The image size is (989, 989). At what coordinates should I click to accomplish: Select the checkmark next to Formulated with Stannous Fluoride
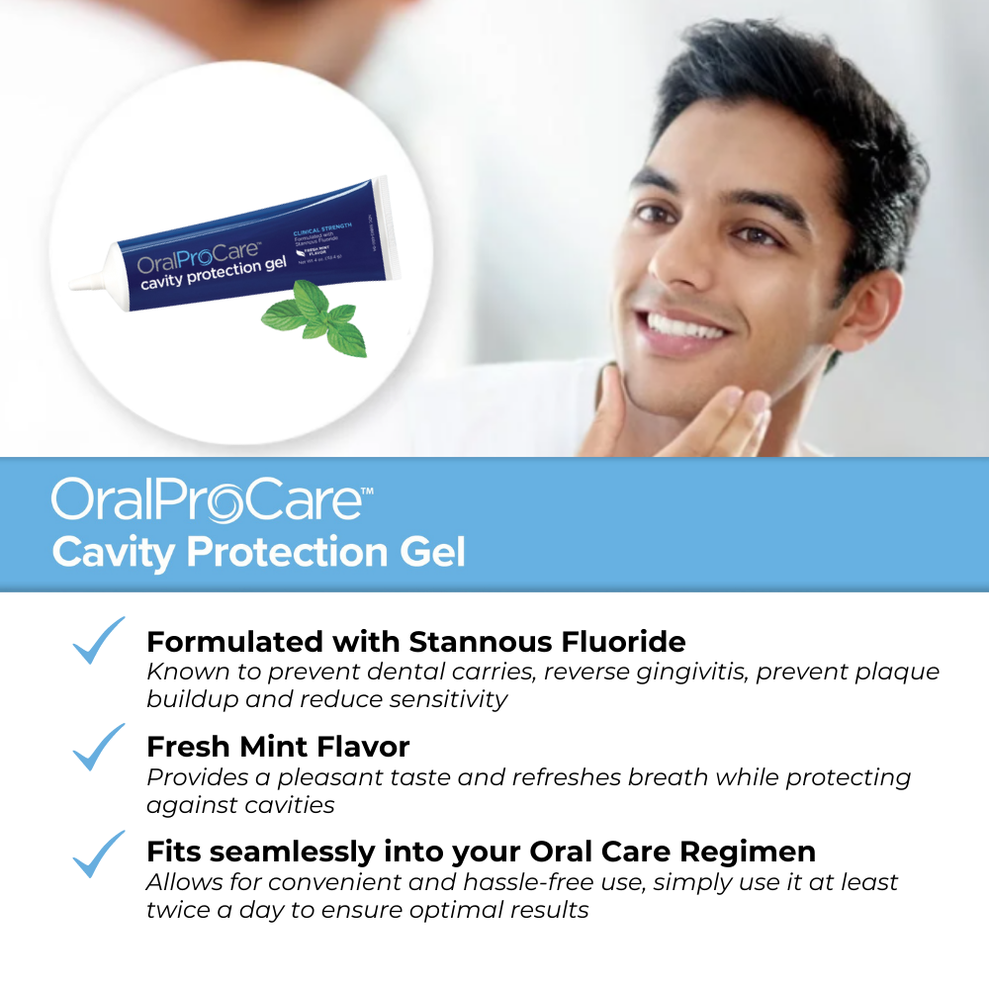tap(99, 640)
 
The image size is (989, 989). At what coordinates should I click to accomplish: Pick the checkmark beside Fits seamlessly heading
tap(99, 854)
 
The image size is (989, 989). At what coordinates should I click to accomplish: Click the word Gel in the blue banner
tap(431, 551)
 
